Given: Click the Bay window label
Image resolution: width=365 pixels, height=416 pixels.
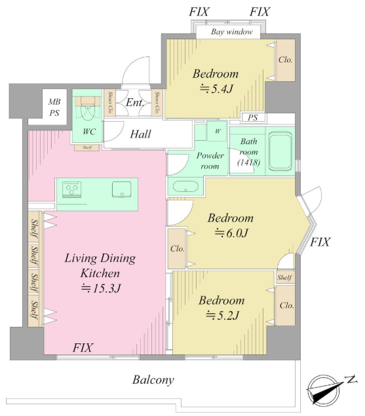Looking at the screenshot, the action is [231, 32].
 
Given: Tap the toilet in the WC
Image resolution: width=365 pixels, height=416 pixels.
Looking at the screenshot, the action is [88, 109].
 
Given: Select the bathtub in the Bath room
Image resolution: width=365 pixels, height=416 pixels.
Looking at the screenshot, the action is [280, 151].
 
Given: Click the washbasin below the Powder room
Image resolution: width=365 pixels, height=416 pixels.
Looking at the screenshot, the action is [185, 186].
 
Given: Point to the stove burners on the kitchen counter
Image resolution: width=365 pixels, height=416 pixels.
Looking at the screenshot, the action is [71, 189].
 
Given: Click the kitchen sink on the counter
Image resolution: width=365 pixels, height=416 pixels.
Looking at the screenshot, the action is [122, 189].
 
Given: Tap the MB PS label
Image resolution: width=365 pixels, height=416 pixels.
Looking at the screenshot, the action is [54, 107].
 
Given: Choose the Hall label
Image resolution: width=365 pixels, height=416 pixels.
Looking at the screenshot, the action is [140, 134].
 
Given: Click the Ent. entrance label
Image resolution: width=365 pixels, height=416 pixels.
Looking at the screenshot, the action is [134, 103].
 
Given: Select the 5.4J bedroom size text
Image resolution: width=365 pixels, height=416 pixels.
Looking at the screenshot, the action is [216, 89].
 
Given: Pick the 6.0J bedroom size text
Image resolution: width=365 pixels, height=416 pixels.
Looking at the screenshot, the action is [231, 233].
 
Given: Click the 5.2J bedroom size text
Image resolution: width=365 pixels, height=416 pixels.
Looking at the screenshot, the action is [222, 316].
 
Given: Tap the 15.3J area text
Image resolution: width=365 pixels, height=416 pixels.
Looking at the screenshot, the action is [101, 288].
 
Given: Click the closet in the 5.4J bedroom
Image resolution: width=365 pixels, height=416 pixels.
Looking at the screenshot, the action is [286, 60].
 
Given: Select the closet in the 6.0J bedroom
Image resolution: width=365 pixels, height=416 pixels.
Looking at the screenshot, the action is [178, 248].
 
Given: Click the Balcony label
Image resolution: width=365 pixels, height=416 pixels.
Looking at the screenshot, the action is [153, 380].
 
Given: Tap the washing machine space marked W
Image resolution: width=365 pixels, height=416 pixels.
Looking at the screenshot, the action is [217, 131].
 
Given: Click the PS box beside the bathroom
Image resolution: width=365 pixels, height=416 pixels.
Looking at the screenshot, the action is [253, 117].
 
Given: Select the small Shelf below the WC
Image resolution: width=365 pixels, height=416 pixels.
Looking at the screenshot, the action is [86, 147].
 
